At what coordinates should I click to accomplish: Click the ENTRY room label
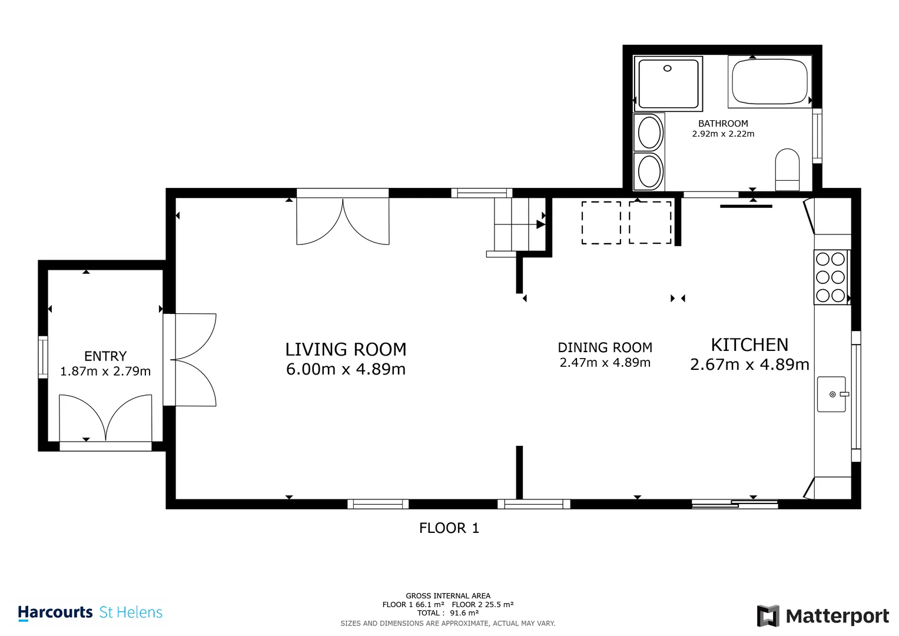105,356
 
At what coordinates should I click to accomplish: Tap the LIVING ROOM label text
346,349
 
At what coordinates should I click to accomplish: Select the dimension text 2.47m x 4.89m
605,363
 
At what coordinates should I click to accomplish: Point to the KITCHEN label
749,344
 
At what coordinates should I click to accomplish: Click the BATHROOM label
723,124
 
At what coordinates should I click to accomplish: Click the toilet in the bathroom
787,170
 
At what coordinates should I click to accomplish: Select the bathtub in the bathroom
769,82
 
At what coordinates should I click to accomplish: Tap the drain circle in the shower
667,68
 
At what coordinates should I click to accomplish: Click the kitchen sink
831,394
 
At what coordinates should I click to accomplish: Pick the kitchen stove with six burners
831,277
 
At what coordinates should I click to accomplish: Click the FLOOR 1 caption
449,528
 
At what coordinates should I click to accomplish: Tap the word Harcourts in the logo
55,612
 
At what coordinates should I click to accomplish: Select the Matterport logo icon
768,616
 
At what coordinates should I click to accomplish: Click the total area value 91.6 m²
464,613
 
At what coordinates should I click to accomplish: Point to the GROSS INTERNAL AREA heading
447,596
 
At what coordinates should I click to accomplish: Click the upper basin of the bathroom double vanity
649,132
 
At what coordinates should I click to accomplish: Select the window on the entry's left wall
43,357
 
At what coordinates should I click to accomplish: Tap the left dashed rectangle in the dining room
601,223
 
